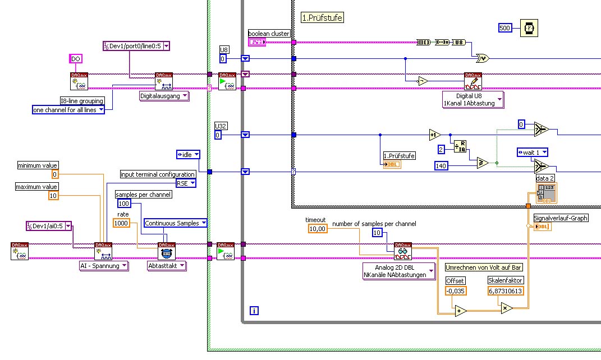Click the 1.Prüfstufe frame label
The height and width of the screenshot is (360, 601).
[322, 17]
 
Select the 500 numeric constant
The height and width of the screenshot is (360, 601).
[505, 27]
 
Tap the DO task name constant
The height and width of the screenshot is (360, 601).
[76, 58]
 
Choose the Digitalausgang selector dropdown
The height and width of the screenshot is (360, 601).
[164, 96]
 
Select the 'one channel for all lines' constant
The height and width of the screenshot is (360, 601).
[68, 110]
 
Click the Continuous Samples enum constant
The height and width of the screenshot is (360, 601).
[176, 223]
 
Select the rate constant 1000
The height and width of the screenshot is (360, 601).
[122, 223]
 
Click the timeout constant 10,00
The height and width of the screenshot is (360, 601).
[318, 228]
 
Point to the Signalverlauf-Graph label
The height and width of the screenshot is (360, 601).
[561, 218]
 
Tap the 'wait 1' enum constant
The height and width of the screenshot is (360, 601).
[532, 152]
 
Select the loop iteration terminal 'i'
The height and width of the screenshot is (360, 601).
[254, 310]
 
